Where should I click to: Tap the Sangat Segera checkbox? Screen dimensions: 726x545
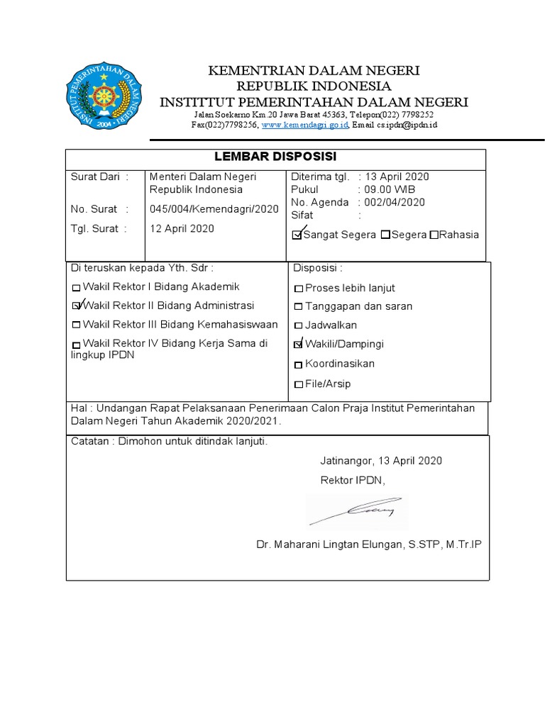[x=297, y=235]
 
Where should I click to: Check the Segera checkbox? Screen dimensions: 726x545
[x=385, y=235]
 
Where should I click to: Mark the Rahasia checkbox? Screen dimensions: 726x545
[x=434, y=235]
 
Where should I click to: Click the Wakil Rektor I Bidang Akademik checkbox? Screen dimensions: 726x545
[x=77, y=289]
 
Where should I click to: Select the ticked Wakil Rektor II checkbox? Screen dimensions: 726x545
[x=77, y=307]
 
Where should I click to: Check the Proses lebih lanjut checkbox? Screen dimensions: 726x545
[x=299, y=289]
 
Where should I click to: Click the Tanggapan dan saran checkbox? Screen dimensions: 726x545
[x=299, y=308]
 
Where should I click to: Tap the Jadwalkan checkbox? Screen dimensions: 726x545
[x=299, y=326]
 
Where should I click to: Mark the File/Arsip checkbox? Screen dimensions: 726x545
[x=299, y=384]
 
